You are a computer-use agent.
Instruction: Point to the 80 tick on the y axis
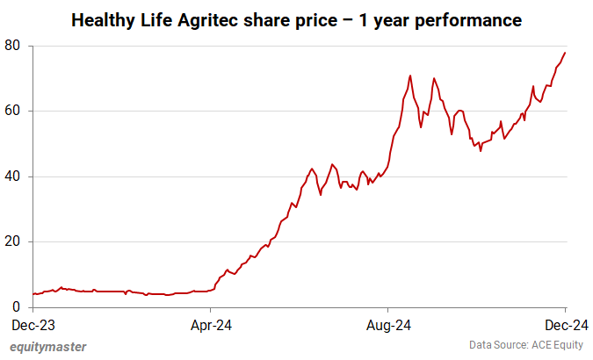pos(15,46)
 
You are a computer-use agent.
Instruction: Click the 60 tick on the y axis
pos(15,111)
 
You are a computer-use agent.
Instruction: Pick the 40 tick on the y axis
pos(15,176)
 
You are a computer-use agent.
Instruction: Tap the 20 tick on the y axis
pos(15,241)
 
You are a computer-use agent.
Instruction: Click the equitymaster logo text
pos(47,346)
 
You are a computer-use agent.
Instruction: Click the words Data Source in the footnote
pos(494,346)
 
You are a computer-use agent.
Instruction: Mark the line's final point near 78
pos(565,53)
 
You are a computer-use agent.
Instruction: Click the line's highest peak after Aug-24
pos(410,76)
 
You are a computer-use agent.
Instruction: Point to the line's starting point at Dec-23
pos(33,294)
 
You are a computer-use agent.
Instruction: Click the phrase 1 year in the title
pos(391,18)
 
